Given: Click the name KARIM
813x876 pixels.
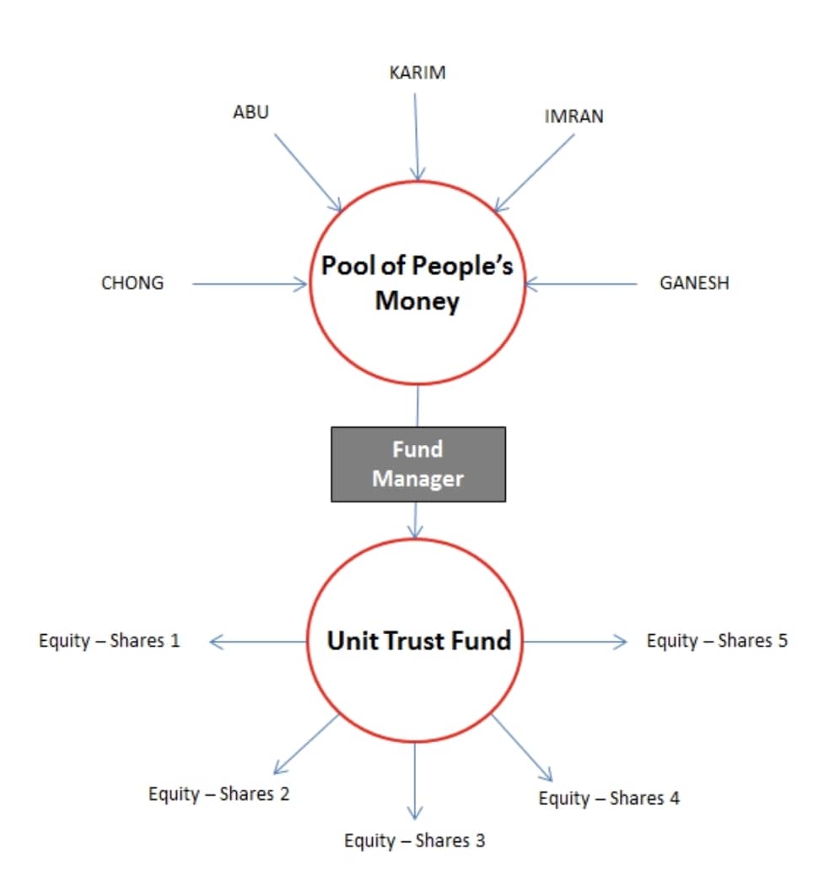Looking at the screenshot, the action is click(417, 73).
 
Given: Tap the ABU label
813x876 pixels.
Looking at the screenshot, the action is click(250, 112).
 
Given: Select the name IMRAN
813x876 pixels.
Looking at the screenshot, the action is click(573, 116).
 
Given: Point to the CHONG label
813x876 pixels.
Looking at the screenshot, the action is click(132, 283).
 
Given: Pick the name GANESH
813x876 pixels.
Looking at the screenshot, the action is click(695, 283).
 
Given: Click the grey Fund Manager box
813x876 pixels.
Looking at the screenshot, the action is click(418, 465).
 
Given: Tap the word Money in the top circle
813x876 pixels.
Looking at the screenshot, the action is click(417, 301).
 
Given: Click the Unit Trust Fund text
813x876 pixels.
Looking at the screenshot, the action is click(419, 641).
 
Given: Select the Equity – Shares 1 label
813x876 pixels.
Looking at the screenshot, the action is click(110, 641).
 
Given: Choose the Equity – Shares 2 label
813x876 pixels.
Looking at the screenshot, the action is click(219, 794).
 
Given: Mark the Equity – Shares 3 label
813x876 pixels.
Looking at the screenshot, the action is click(415, 841).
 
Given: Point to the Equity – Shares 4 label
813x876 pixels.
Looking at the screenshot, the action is click(609, 798).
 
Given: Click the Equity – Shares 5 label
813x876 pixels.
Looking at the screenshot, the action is click(717, 641).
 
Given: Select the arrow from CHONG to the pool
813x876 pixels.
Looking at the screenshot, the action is click(250, 284).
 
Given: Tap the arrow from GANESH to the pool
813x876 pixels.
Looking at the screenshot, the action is click(581, 284).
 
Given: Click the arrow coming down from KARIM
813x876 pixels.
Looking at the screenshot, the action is click(417, 137).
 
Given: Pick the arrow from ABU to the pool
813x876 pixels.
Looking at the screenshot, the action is click(308, 173).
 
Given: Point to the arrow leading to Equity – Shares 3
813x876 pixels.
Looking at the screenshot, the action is click(415, 781).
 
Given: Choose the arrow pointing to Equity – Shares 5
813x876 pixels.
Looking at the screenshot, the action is click(575, 642).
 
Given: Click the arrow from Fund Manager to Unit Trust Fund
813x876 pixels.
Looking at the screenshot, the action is click(415, 520).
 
